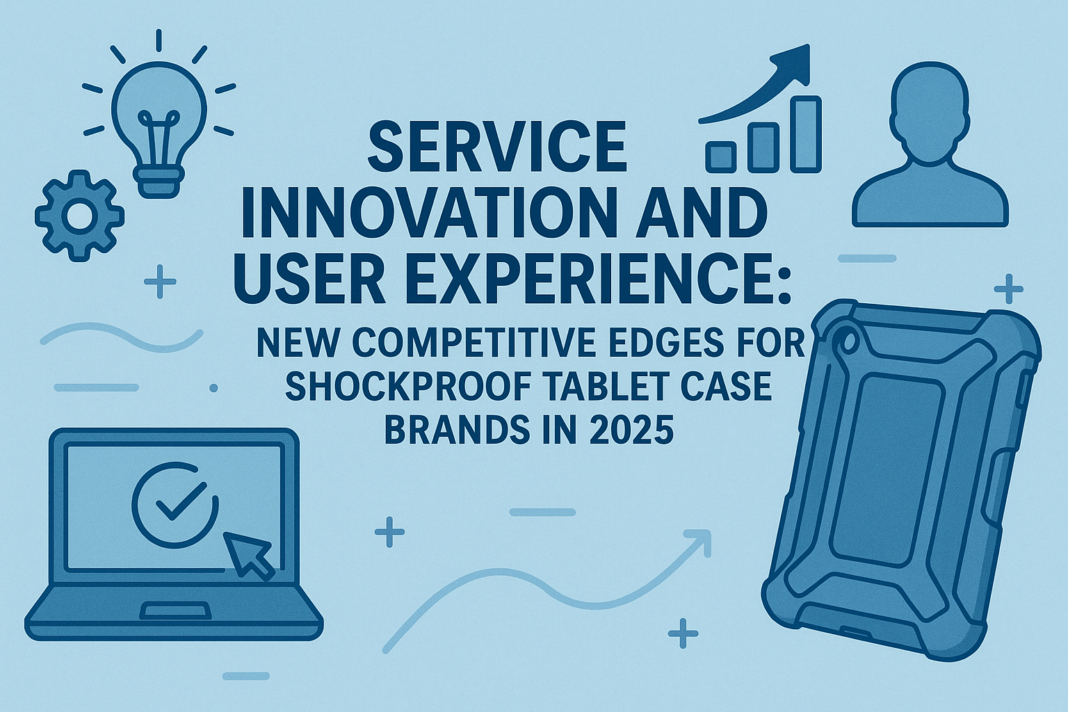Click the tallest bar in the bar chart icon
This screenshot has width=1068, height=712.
pos(806,134)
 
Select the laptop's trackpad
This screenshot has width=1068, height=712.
pos(175,611)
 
